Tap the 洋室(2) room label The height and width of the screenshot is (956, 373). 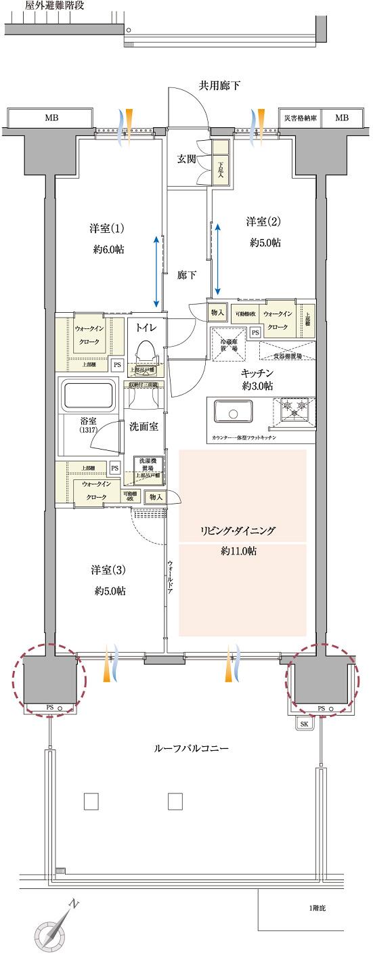point(263,221)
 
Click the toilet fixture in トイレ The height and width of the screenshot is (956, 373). point(146,353)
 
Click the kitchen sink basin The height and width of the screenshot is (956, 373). point(233,411)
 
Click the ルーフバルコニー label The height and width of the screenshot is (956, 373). point(192,749)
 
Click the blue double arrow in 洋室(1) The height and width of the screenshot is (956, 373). point(157,271)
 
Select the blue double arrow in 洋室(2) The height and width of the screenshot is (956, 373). point(218,257)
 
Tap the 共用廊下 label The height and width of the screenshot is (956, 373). point(219,85)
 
